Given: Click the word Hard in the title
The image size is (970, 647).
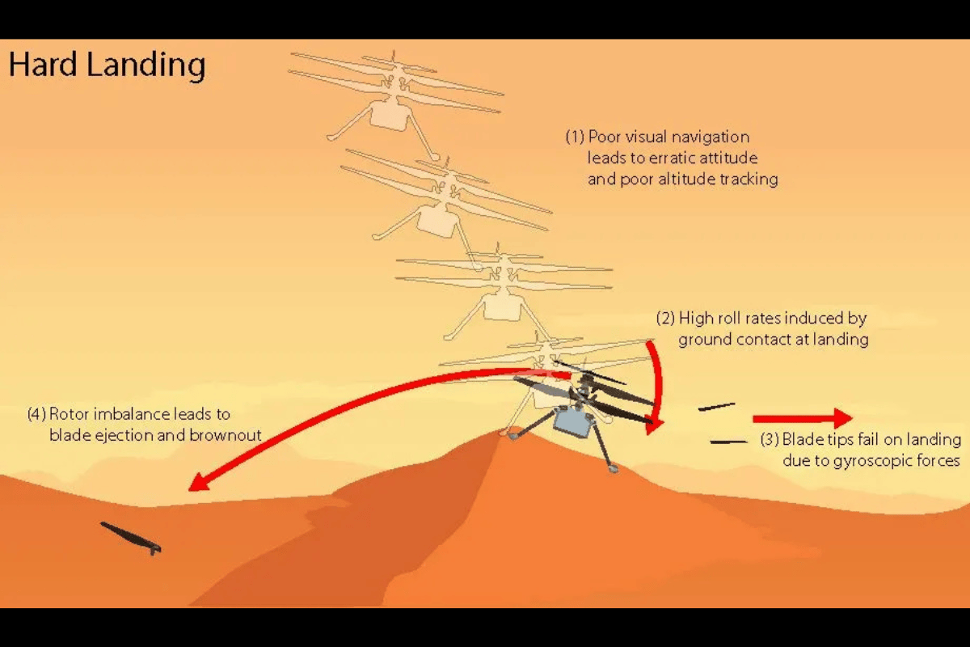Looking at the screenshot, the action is (x=43, y=64).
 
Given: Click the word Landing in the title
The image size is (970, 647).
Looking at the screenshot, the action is (x=146, y=66).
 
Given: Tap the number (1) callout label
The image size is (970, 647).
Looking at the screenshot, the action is (x=575, y=137).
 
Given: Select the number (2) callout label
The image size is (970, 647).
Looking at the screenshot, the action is (x=665, y=319).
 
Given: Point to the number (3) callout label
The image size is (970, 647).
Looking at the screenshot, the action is (x=770, y=439).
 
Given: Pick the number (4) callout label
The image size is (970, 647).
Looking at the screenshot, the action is (x=36, y=414).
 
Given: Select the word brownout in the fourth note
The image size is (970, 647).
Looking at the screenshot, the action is (x=226, y=436).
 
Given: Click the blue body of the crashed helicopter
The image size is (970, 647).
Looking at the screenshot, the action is (x=573, y=421).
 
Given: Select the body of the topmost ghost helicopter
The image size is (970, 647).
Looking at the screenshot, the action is (x=390, y=114).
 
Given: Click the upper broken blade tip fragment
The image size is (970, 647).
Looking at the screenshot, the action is (x=717, y=407).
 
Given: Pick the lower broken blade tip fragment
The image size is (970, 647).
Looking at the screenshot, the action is (x=729, y=442).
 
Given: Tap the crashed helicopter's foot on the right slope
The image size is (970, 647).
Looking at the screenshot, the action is (x=613, y=468).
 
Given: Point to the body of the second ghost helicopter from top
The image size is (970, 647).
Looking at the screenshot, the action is (x=437, y=222).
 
